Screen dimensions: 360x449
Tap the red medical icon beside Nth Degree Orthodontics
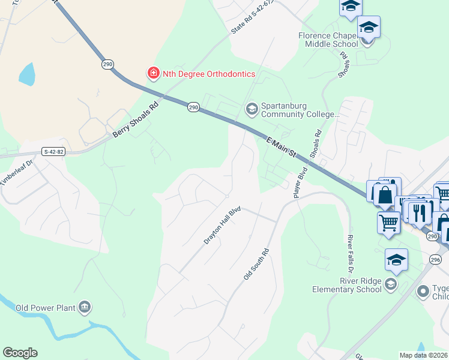[x=154, y=74]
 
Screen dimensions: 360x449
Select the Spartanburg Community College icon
[x=252, y=109]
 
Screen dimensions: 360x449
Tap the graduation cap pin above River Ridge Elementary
[x=396, y=260]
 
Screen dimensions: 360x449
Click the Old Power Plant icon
[x=85, y=308]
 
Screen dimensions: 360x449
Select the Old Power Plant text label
[x=45, y=308]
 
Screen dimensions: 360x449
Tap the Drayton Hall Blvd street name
[x=222, y=226]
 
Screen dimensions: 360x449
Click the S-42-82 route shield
[x=53, y=152]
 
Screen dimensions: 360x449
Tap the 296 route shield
[x=435, y=259]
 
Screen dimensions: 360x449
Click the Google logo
[x=20, y=353]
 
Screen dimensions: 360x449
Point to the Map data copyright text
[x=424, y=355]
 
